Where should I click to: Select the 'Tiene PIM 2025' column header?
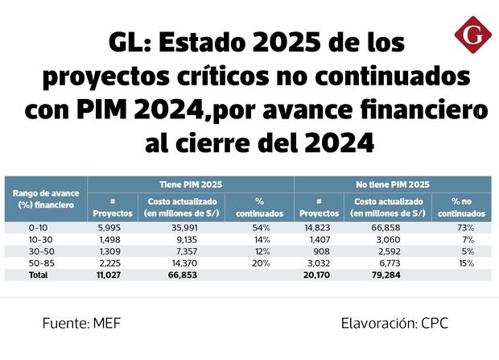[190, 184]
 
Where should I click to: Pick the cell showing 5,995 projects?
[112, 229]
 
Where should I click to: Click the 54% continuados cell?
[259, 229]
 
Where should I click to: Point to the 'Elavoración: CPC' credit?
[394, 324]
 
